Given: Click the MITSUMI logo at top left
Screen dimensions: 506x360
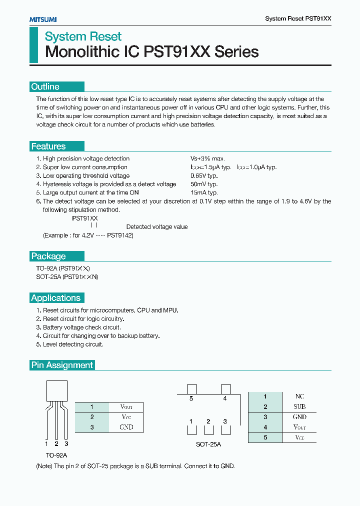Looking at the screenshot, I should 42,19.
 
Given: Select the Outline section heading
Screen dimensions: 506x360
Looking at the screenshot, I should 45,86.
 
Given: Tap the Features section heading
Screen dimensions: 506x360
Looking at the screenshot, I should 48,146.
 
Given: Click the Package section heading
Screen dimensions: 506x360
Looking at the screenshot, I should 48,256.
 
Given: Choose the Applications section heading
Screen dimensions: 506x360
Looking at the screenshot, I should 56,298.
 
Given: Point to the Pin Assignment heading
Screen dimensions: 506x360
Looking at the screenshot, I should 62,365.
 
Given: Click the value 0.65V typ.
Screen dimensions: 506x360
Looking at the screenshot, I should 204,175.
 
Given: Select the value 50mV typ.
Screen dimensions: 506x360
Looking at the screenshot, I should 203,184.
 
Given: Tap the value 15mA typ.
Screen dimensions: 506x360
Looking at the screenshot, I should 203,192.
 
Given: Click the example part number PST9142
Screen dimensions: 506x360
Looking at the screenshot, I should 120,235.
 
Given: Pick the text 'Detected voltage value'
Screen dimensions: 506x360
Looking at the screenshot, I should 157,227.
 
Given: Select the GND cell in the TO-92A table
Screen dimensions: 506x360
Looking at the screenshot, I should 126,427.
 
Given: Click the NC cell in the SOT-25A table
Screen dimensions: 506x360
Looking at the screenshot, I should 299,396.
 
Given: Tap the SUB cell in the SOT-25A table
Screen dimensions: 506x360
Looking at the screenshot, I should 299,406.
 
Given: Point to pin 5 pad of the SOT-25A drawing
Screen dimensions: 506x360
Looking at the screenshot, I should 191,389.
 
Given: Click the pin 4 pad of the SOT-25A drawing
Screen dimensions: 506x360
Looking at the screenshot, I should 225,389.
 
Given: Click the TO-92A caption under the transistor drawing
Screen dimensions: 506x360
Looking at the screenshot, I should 56,455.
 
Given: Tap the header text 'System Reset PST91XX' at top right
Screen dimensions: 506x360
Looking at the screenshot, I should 298,18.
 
